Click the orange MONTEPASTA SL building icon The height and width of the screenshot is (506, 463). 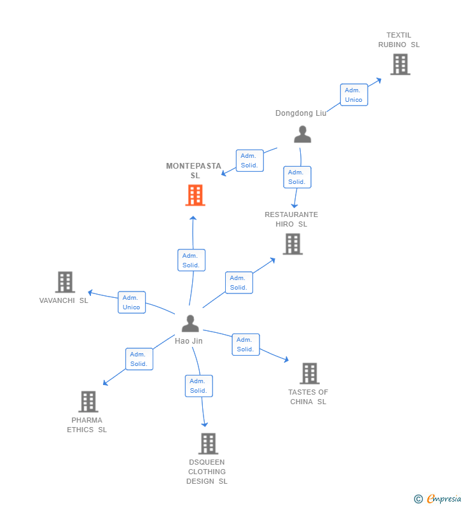pyautogui.click(x=195, y=195)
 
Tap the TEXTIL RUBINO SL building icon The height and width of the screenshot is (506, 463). pyautogui.click(x=400, y=64)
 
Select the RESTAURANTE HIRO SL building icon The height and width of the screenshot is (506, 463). pyautogui.click(x=293, y=244)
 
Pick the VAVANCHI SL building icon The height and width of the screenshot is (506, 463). pyautogui.click(x=65, y=282)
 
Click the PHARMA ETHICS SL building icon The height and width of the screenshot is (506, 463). pyautogui.click(x=88, y=402)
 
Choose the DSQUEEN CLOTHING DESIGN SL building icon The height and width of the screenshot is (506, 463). pyautogui.click(x=208, y=444)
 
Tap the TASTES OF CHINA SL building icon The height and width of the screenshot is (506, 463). pyautogui.click(x=310, y=374)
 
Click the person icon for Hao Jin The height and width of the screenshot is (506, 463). pyautogui.click(x=190, y=323)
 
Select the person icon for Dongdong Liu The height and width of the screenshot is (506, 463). pyautogui.click(x=303, y=134)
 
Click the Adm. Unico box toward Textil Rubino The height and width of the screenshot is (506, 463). pyautogui.click(x=354, y=95)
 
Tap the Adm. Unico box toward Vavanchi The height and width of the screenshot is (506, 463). pyautogui.click(x=132, y=302)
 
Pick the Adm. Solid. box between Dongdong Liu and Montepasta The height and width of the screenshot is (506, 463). pyautogui.click(x=249, y=160)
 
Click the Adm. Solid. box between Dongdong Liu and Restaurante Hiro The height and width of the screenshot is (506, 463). pyautogui.click(x=297, y=177)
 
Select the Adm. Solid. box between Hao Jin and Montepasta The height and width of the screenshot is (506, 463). pyautogui.click(x=191, y=260)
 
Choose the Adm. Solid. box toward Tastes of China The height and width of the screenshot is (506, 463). pyautogui.click(x=245, y=344)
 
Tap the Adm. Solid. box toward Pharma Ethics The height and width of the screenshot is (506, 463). pyautogui.click(x=139, y=359)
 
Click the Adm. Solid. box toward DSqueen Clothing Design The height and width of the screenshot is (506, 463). pyautogui.click(x=198, y=386)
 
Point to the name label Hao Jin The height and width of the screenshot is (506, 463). pyautogui.click(x=189, y=341)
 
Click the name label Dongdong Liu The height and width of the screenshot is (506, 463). pyautogui.click(x=301, y=113)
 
